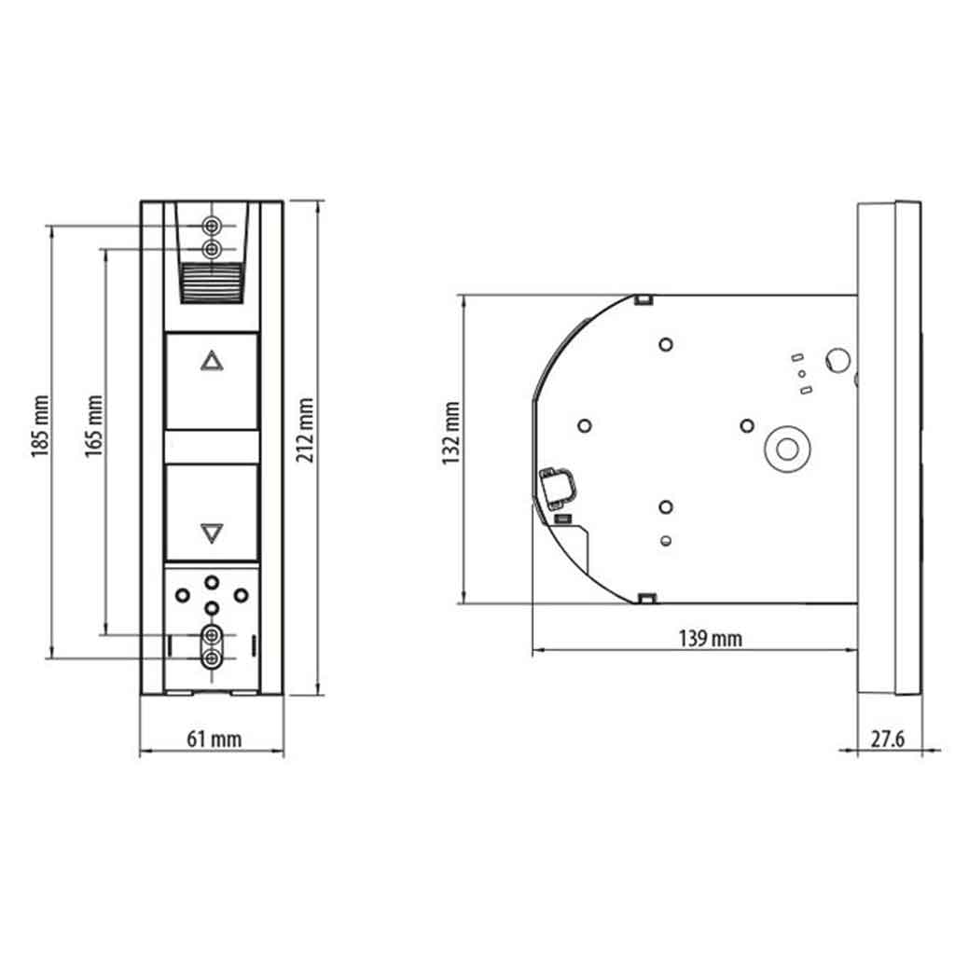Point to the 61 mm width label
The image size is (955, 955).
pyautogui.click(x=214, y=740)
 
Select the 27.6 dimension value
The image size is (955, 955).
pyautogui.click(x=887, y=739)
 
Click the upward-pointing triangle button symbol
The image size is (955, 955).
pyautogui.click(x=212, y=361)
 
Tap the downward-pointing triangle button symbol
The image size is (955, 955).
pyautogui.click(x=212, y=533)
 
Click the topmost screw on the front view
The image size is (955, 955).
pyautogui.click(x=212, y=226)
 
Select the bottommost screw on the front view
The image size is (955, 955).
pyautogui.click(x=212, y=659)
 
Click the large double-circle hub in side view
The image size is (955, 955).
pyautogui.click(x=786, y=449)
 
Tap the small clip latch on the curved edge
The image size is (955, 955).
pyautogui.click(x=558, y=485)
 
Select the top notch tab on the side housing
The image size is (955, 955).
pyautogui.click(x=643, y=299)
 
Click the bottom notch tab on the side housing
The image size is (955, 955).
pyautogui.click(x=643, y=597)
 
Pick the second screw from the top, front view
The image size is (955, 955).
pyautogui.click(x=212, y=249)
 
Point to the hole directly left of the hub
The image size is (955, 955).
pyautogui.click(x=746, y=426)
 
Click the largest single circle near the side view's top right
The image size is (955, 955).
pyautogui.click(x=837, y=359)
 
